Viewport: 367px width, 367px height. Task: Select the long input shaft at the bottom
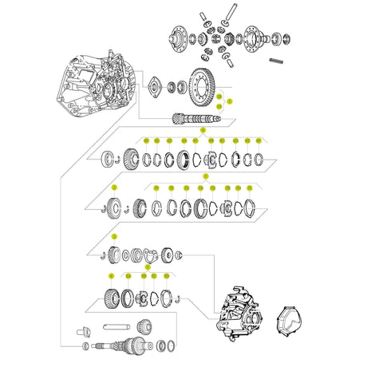point(128,348)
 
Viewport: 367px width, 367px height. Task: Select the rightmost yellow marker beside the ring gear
point(229,101)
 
